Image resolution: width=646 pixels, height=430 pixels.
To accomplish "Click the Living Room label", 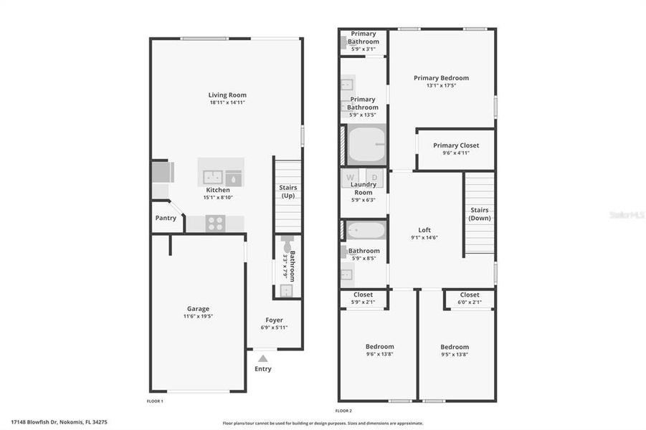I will [227, 95].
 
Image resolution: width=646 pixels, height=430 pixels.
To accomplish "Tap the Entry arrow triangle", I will [263, 357].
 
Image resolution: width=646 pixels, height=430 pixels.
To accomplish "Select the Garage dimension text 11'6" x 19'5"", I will [198, 316].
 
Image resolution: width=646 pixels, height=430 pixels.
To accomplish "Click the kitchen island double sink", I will [212, 176].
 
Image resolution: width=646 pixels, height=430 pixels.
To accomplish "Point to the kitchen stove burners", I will [216, 224].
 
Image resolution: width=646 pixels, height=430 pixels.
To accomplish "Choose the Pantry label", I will [166, 218].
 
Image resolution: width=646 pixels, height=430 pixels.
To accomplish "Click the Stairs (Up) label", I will [288, 192].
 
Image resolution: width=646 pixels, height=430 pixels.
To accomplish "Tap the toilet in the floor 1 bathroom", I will [288, 242].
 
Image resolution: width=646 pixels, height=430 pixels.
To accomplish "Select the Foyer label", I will [274, 320].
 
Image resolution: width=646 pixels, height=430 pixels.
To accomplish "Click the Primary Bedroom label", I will [441, 78].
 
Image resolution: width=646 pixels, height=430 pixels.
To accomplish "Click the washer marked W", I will [351, 177].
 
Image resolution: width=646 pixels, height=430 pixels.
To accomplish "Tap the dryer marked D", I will [374, 177].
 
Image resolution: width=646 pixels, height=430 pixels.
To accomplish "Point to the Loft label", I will [424, 230].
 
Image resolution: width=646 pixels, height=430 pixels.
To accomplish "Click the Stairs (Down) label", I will [480, 214].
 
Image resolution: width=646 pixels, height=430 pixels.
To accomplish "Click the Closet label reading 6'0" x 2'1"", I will [470, 302].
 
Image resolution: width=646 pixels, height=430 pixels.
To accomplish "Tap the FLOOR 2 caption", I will [344, 411].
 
